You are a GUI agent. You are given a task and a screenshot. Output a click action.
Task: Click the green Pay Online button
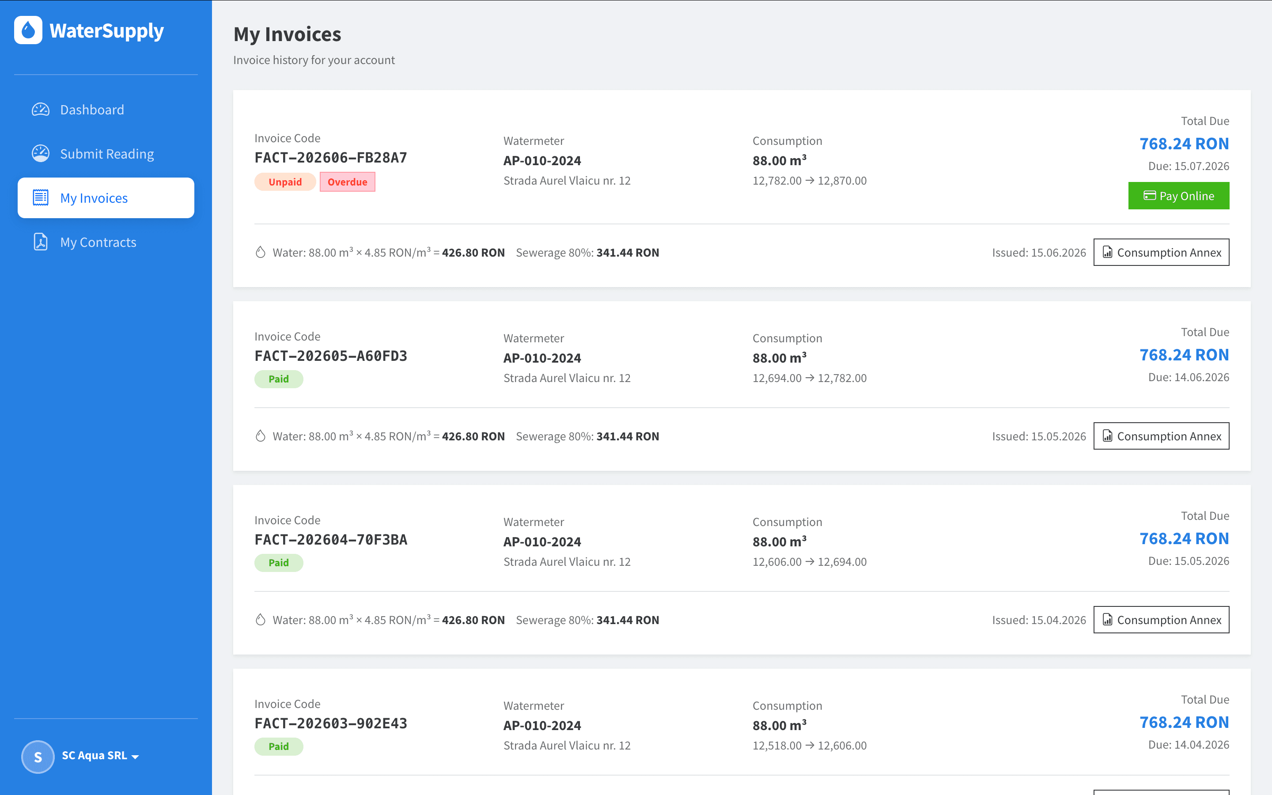click(x=1178, y=196)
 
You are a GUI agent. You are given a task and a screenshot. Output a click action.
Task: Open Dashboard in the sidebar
click(x=92, y=110)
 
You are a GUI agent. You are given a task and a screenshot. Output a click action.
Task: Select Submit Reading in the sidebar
click(x=107, y=154)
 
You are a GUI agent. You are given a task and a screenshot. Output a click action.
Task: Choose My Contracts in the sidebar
click(x=98, y=242)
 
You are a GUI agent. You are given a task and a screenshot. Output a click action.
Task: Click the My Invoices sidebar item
click(x=106, y=198)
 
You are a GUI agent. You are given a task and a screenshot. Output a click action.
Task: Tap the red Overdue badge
click(x=348, y=182)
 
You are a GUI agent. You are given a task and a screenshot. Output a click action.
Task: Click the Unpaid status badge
click(x=285, y=182)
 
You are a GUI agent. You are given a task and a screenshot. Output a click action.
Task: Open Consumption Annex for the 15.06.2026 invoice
click(x=1161, y=252)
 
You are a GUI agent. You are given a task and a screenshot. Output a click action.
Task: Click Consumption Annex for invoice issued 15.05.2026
click(x=1161, y=436)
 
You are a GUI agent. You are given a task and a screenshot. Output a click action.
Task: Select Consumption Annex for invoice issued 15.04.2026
click(x=1161, y=620)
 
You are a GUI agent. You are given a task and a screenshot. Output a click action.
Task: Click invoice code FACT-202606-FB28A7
click(x=331, y=158)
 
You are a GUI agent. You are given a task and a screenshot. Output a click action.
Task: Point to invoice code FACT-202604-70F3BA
click(x=331, y=539)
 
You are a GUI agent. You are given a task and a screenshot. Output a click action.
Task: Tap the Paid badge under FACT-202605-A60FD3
click(x=279, y=379)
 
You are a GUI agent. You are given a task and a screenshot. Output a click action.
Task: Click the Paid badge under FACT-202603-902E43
click(x=279, y=746)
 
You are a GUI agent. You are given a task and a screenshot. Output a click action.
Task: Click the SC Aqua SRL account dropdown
click(x=100, y=756)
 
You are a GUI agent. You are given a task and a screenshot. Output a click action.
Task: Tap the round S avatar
click(x=38, y=757)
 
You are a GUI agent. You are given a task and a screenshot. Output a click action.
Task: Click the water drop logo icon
click(x=28, y=30)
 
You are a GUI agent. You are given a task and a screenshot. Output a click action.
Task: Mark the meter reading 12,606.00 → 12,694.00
click(x=810, y=561)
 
